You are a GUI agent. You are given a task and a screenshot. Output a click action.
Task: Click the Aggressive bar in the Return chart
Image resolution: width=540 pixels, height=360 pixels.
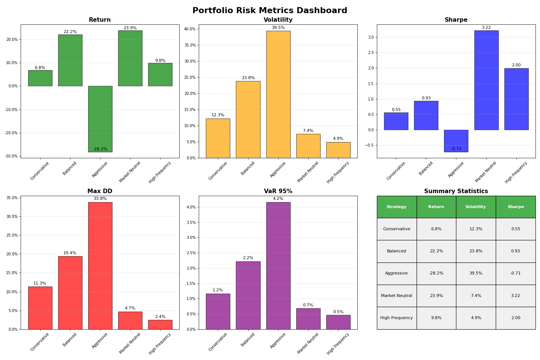click(x=100, y=118)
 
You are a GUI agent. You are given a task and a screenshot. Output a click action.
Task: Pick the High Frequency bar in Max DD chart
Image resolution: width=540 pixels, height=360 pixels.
click(x=160, y=325)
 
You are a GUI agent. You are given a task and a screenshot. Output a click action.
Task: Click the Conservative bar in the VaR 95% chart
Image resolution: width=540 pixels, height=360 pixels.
click(x=218, y=311)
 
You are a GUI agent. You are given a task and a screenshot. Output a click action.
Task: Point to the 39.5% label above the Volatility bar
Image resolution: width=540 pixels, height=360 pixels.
click(x=278, y=28)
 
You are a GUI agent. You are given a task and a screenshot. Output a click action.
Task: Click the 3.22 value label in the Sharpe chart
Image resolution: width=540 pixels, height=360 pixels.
click(x=486, y=28)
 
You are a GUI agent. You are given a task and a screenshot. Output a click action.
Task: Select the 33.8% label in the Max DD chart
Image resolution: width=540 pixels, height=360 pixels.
click(x=100, y=199)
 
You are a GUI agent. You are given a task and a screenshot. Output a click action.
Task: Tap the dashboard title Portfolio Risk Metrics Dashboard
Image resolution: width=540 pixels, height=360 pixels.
click(x=270, y=10)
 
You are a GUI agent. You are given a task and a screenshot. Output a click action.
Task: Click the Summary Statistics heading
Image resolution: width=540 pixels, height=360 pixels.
click(x=456, y=191)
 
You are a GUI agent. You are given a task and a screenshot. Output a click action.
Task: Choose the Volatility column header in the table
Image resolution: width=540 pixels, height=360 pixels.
click(x=475, y=207)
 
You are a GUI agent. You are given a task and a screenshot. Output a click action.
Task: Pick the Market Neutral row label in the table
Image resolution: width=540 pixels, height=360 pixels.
click(x=396, y=296)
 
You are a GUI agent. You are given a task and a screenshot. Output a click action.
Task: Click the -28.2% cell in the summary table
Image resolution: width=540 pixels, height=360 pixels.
click(x=436, y=273)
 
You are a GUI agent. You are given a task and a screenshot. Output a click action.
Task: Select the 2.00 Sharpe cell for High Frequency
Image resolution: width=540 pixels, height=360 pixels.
click(x=516, y=318)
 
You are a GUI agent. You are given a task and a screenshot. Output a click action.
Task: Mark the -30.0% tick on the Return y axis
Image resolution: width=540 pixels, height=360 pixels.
click(x=12, y=156)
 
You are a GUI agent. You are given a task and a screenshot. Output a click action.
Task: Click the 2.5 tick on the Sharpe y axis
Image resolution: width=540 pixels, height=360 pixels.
click(x=371, y=53)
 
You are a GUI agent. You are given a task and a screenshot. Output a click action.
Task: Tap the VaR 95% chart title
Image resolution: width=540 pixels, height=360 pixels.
click(x=278, y=191)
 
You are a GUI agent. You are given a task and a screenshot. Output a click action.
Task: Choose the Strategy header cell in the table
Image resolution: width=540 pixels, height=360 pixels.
click(x=396, y=207)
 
